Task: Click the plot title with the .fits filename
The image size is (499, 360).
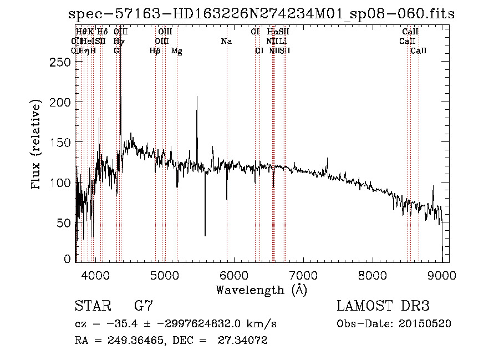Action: pos(261,14)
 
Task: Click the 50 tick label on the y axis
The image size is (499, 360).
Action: pos(64,223)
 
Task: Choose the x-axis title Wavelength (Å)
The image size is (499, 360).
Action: pos(261,290)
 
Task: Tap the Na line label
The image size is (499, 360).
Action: pos(226,42)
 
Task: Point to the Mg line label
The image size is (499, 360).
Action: pos(177,51)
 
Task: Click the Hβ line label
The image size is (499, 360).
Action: pos(155,51)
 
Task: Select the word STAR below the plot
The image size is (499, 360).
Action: pos(92,306)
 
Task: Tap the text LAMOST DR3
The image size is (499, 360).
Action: pos(383,306)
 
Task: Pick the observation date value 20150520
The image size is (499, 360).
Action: pos(426,323)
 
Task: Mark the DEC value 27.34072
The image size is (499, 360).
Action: pos(246,341)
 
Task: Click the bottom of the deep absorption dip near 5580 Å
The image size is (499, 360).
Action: pos(205,236)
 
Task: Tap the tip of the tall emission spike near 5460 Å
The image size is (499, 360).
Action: pos(197,97)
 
